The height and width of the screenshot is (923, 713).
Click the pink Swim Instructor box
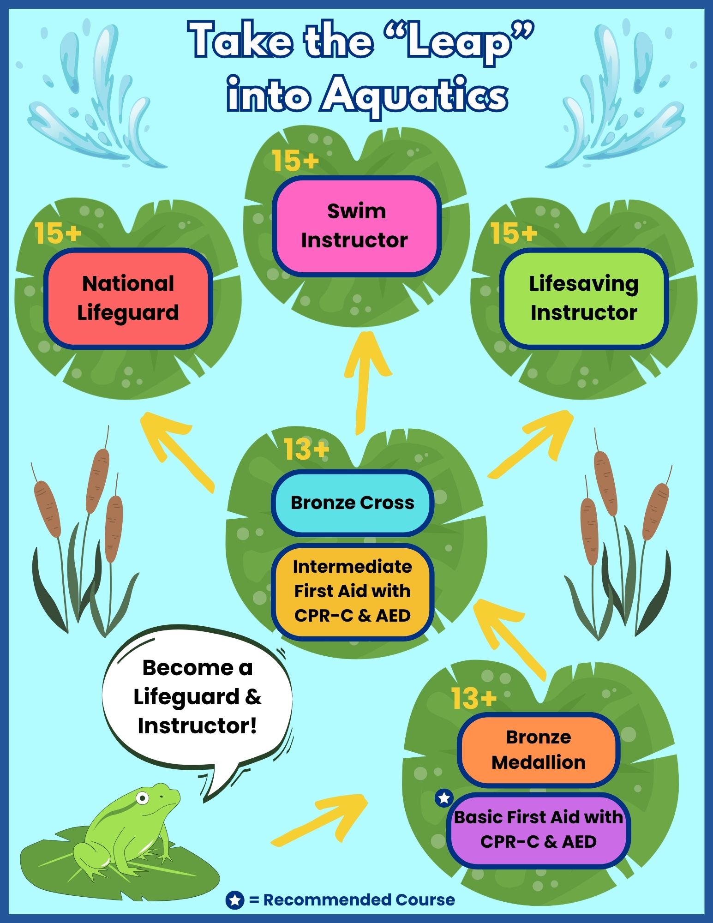click(x=356, y=226)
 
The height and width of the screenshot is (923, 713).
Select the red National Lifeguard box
click(x=128, y=298)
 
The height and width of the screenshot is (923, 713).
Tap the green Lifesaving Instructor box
click(x=584, y=298)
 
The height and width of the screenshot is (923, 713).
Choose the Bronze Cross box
click(x=353, y=503)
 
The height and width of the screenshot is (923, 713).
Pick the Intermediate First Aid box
click(x=353, y=591)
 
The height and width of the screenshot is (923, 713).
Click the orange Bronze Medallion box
click(x=539, y=749)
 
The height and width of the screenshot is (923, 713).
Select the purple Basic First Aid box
click(x=539, y=829)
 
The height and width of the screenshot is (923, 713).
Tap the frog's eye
click(x=143, y=798)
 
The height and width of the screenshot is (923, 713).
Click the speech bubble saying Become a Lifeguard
click(x=198, y=697)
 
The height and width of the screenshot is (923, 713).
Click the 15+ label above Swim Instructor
click(x=295, y=161)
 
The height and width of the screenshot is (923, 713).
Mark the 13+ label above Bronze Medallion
click(x=474, y=698)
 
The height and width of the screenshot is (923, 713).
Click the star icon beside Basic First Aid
click(x=444, y=798)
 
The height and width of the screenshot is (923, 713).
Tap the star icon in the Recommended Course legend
click(x=234, y=899)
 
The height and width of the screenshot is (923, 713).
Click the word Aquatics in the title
click(x=414, y=96)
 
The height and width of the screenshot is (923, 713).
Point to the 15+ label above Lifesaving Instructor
click(x=514, y=233)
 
